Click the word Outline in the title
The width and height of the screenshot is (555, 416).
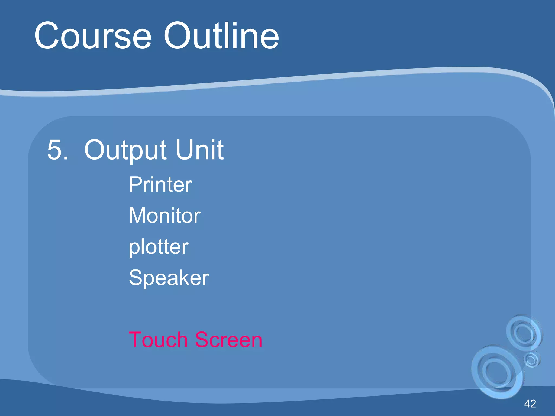[x=221, y=36]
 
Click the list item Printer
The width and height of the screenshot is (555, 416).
[x=160, y=184]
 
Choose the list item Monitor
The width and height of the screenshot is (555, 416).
[x=164, y=216]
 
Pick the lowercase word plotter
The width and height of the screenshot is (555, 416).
[x=159, y=248]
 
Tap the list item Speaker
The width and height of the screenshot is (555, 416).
[x=169, y=278]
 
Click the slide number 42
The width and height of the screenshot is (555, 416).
[x=530, y=404]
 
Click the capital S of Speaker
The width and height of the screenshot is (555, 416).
[x=135, y=278]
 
